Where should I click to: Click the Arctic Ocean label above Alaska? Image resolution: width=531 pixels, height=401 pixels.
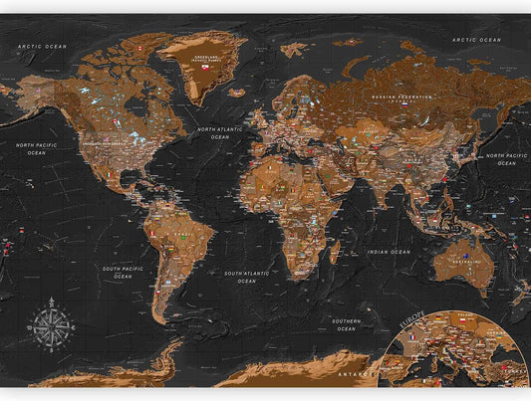pyautogui.click(x=42, y=46)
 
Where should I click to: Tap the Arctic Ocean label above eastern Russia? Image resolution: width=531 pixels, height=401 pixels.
pyautogui.click(x=476, y=40)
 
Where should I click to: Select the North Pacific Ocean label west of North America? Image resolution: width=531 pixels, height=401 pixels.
pyautogui.click(x=37, y=148)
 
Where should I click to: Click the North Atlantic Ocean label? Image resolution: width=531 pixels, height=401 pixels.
pyautogui.click(x=220, y=133)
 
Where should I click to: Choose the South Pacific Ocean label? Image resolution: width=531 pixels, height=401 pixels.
pyautogui.click(x=124, y=272)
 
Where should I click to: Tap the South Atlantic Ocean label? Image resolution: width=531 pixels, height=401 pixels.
pyautogui.click(x=247, y=277)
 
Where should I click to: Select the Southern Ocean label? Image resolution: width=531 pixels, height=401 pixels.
pyautogui.click(x=347, y=324)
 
